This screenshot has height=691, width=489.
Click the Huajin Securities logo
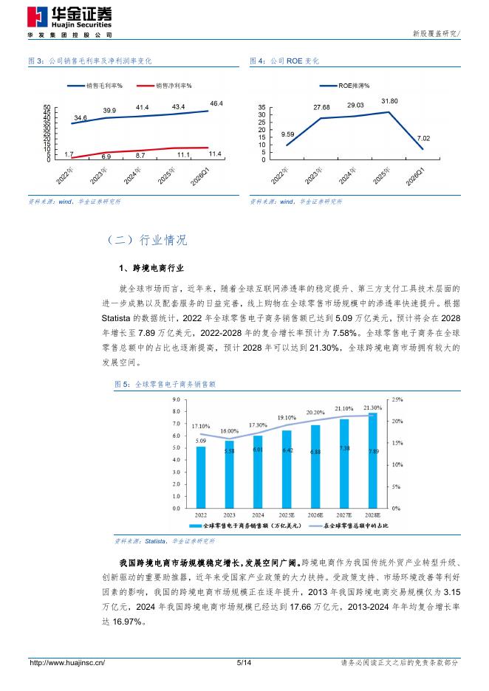(69, 22)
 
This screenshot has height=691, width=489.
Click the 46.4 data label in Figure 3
(216, 103)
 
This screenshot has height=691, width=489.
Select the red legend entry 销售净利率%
(164, 86)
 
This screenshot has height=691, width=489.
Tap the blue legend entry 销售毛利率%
(95, 86)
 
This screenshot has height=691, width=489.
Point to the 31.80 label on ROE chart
(389, 101)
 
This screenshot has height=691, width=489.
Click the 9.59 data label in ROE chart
(287, 134)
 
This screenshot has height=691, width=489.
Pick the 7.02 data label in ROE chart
(423, 138)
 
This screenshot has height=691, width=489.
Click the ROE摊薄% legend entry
(344, 86)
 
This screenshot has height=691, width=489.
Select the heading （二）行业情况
(146, 240)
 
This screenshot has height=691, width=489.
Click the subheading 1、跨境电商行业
(151, 268)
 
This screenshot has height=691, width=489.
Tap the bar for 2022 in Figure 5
(201, 477)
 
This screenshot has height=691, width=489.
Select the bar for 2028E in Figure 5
(372, 461)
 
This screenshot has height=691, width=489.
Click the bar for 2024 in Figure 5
(258, 472)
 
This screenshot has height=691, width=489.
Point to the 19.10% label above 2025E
(287, 417)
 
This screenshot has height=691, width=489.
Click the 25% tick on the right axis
(397, 399)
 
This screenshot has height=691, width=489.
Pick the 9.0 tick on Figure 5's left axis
(177, 399)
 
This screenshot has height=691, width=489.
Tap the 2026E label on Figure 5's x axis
(315, 515)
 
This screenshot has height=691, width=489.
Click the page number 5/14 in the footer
(244, 662)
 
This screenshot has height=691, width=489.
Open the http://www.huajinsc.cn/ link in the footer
(67, 662)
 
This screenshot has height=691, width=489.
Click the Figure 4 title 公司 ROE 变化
(295, 61)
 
